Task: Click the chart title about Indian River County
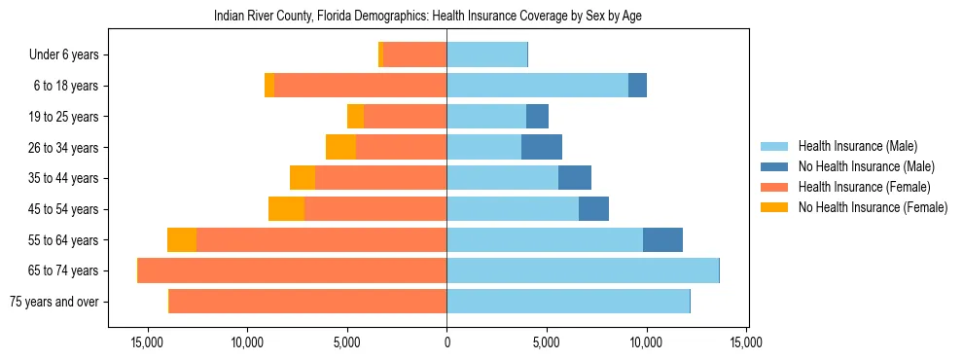(427, 16)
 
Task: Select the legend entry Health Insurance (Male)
(856, 147)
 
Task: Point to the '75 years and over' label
(54, 302)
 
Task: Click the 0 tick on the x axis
(446, 342)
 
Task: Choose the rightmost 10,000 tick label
(646, 342)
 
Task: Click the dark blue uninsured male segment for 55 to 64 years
(662, 240)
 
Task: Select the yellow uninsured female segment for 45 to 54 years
(287, 209)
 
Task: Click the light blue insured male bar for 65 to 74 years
(582, 270)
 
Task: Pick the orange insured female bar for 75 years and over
(307, 302)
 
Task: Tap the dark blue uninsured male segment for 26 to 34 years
(542, 148)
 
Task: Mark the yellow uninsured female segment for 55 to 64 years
(182, 240)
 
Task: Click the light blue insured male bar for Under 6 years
(486, 55)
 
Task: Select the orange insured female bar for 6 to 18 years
(360, 86)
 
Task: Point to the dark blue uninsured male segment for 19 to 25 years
(537, 117)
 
